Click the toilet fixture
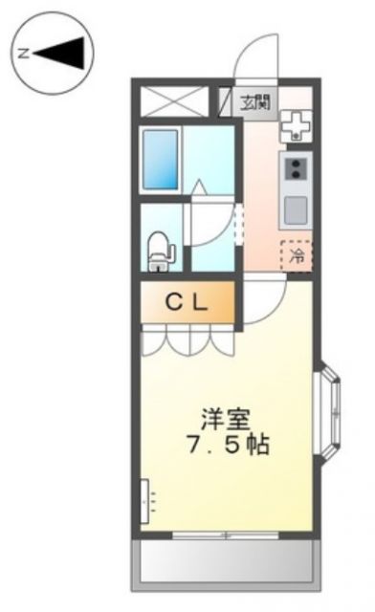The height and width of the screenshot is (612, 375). [x=159, y=251]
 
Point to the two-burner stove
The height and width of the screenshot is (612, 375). [x=297, y=170]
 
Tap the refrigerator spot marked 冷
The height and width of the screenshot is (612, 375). [x=297, y=255]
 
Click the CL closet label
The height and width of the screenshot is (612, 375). [x=187, y=303]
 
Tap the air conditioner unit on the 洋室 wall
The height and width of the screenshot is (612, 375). [x=146, y=500]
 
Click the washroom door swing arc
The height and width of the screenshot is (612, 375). [x=212, y=225]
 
